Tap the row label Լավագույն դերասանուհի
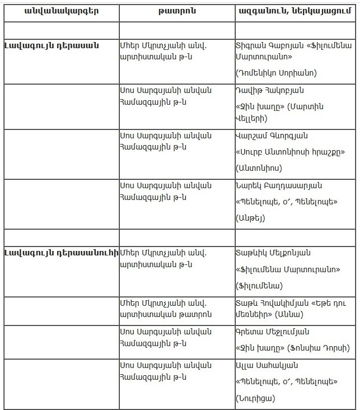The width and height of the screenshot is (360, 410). tap(61, 253)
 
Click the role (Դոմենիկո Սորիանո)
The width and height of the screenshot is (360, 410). tap(276, 73)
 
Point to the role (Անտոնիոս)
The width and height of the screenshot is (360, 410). tap(259, 167)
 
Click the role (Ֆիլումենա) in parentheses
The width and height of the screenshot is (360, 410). tap(259, 285)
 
